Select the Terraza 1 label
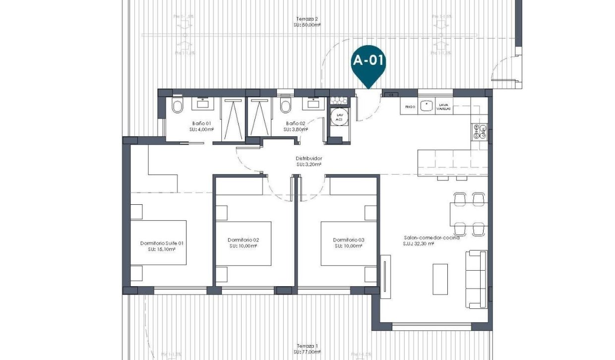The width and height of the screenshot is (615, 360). pyautogui.click(x=307, y=346)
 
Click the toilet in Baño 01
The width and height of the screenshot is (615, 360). pyautogui.click(x=177, y=106)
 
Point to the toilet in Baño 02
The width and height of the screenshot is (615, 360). pyautogui.click(x=285, y=106)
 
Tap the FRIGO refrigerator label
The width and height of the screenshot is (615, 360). pyautogui.click(x=410, y=106)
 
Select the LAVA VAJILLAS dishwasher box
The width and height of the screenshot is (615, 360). pyautogui.click(x=442, y=106)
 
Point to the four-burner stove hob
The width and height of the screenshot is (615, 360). pyautogui.click(x=479, y=131)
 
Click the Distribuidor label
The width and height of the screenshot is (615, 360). pyautogui.click(x=308, y=159)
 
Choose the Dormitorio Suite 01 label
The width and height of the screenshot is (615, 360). pyautogui.click(x=162, y=243)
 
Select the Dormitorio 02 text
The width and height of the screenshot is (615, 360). pyautogui.click(x=243, y=240)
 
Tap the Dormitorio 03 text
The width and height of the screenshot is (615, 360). pyautogui.click(x=349, y=240)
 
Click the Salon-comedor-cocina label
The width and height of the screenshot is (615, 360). pyautogui.click(x=431, y=238)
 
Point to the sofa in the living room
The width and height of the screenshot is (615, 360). pyautogui.click(x=476, y=279)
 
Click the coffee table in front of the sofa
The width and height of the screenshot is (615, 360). pyautogui.click(x=440, y=279)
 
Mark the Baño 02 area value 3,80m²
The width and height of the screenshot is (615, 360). pyautogui.click(x=296, y=129)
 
